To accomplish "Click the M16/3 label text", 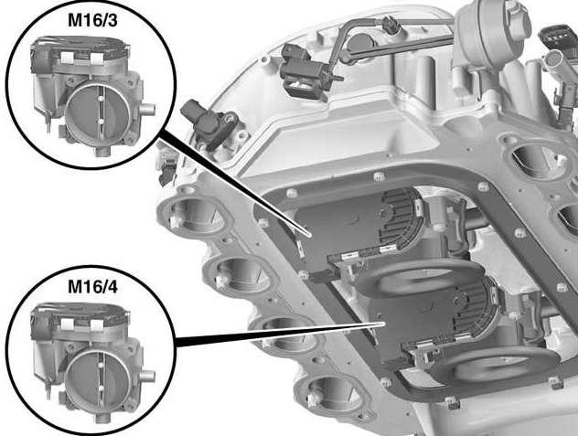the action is click(x=92, y=20).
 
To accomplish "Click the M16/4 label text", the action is click(x=92, y=287).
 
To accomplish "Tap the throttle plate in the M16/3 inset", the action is click(x=97, y=112).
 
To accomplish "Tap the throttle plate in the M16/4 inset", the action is click(x=97, y=378).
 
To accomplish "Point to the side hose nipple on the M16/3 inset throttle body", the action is click(x=146, y=109).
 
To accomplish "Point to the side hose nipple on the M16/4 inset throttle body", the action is click(x=146, y=376).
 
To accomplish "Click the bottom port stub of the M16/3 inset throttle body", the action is click(x=102, y=151).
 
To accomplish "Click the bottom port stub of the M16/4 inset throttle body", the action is click(x=102, y=418).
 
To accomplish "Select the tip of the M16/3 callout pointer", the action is click(x=312, y=235).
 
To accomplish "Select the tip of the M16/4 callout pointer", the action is click(x=384, y=324).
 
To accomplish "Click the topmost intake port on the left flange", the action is click(x=195, y=214).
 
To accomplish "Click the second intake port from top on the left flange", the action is click(x=240, y=272).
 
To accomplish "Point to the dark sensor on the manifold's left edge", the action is click(x=208, y=121).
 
